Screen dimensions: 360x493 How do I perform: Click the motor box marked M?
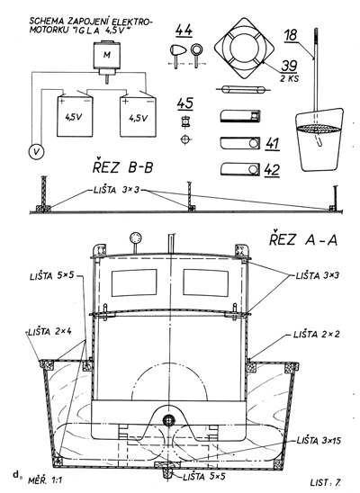click(x=107, y=56)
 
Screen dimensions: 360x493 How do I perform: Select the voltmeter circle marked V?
click(x=37, y=152)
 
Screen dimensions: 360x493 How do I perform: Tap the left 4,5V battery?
click(x=75, y=117)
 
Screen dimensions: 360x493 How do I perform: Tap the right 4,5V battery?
click(x=138, y=117)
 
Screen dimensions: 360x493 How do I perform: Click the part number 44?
click(x=184, y=31)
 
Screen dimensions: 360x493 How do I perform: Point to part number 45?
click(x=185, y=103)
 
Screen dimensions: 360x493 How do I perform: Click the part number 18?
click(x=291, y=35)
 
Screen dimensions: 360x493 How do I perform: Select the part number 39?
click(x=289, y=66)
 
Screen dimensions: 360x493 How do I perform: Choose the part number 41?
click(x=273, y=143)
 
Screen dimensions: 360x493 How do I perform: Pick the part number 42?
click(x=273, y=170)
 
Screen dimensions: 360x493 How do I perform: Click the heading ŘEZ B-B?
click(x=123, y=167)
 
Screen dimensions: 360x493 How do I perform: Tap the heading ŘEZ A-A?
click(x=303, y=240)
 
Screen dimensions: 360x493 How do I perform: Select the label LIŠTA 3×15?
click(x=319, y=441)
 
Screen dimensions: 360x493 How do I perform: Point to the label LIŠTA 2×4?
click(x=49, y=332)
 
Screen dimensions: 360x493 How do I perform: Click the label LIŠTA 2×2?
click(x=317, y=335)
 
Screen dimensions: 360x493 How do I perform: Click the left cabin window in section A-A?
click(x=134, y=282)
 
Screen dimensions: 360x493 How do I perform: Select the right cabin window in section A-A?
click(x=206, y=282)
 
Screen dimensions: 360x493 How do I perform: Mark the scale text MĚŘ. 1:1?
click(x=45, y=480)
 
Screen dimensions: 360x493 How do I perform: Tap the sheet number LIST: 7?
click(x=326, y=482)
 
